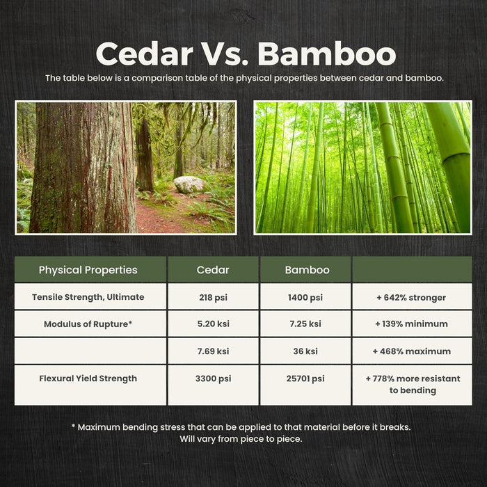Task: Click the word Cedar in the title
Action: tap(145, 54)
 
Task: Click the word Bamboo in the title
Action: tap(327, 54)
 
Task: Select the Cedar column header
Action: tap(213, 270)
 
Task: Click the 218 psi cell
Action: tap(213, 297)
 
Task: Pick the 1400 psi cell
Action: tap(305, 297)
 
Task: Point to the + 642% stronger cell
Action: tap(412, 297)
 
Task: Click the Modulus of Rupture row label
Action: tap(88, 324)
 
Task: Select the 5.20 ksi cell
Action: tap(213, 324)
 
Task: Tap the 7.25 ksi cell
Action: tap(305, 324)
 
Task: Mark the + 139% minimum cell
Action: tap(412, 324)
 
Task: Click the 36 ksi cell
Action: tap(305, 351)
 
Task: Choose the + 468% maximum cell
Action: tap(412, 351)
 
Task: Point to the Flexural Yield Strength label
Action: tap(88, 378)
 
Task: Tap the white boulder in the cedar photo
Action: tap(189, 184)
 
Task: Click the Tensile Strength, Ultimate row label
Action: tap(88, 297)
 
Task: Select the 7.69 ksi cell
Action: tap(213, 351)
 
